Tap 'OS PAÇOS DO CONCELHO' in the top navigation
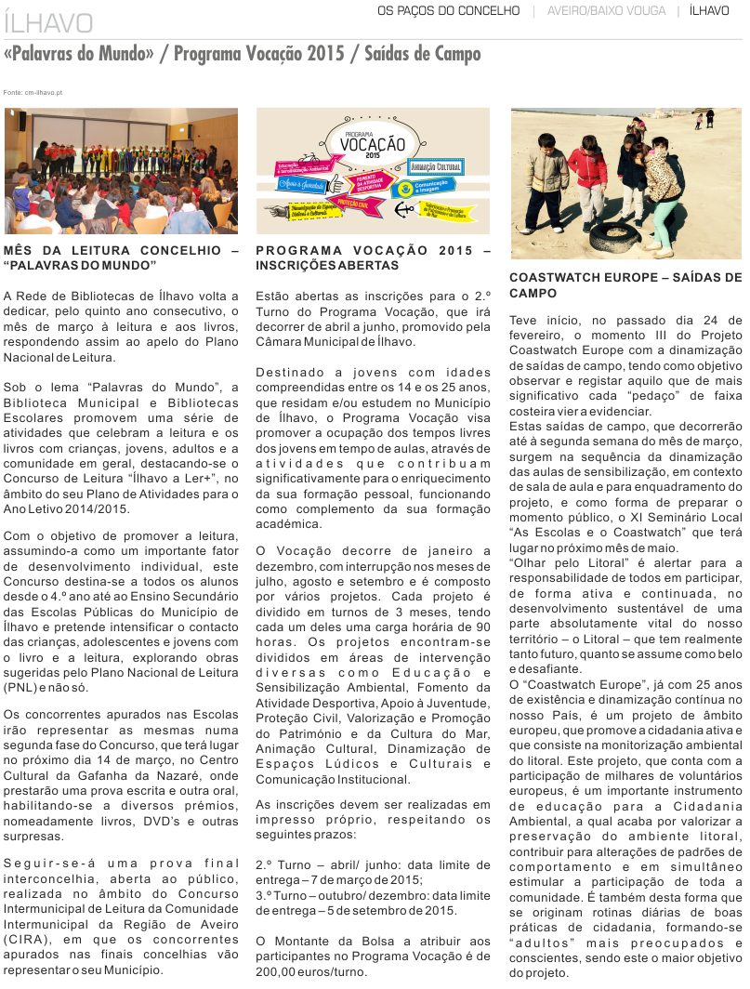click(448, 11)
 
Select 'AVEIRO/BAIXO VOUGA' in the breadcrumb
click(607, 11)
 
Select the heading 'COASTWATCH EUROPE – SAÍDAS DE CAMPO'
click(625, 284)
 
